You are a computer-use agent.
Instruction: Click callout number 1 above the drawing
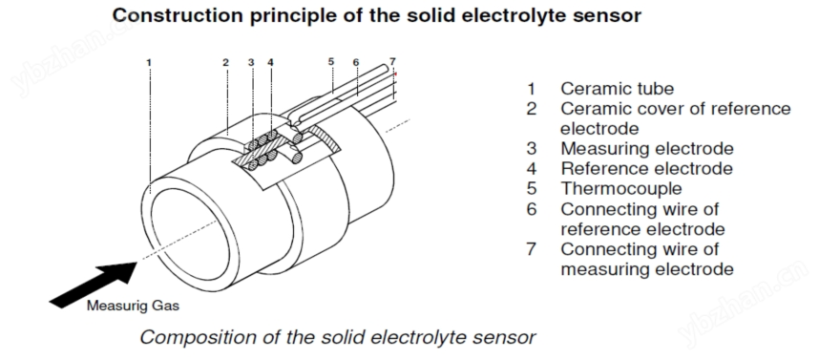[149, 63]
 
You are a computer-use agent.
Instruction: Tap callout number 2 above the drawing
[225, 63]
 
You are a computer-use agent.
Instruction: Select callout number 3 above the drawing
[251, 63]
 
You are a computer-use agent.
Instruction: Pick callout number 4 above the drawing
[270, 63]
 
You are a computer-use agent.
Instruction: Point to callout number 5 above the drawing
[331, 62]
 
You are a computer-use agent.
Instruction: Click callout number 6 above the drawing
[356, 63]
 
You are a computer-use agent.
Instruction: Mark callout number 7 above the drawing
[392, 62]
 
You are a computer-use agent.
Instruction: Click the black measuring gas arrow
[93, 284]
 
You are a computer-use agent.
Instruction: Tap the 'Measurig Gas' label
[133, 306]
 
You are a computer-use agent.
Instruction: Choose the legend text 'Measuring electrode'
[646, 148]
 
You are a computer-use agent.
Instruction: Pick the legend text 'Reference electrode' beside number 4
[646, 168]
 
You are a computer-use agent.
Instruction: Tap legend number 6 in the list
[531, 209]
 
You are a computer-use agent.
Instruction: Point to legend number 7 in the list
[531, 249]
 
